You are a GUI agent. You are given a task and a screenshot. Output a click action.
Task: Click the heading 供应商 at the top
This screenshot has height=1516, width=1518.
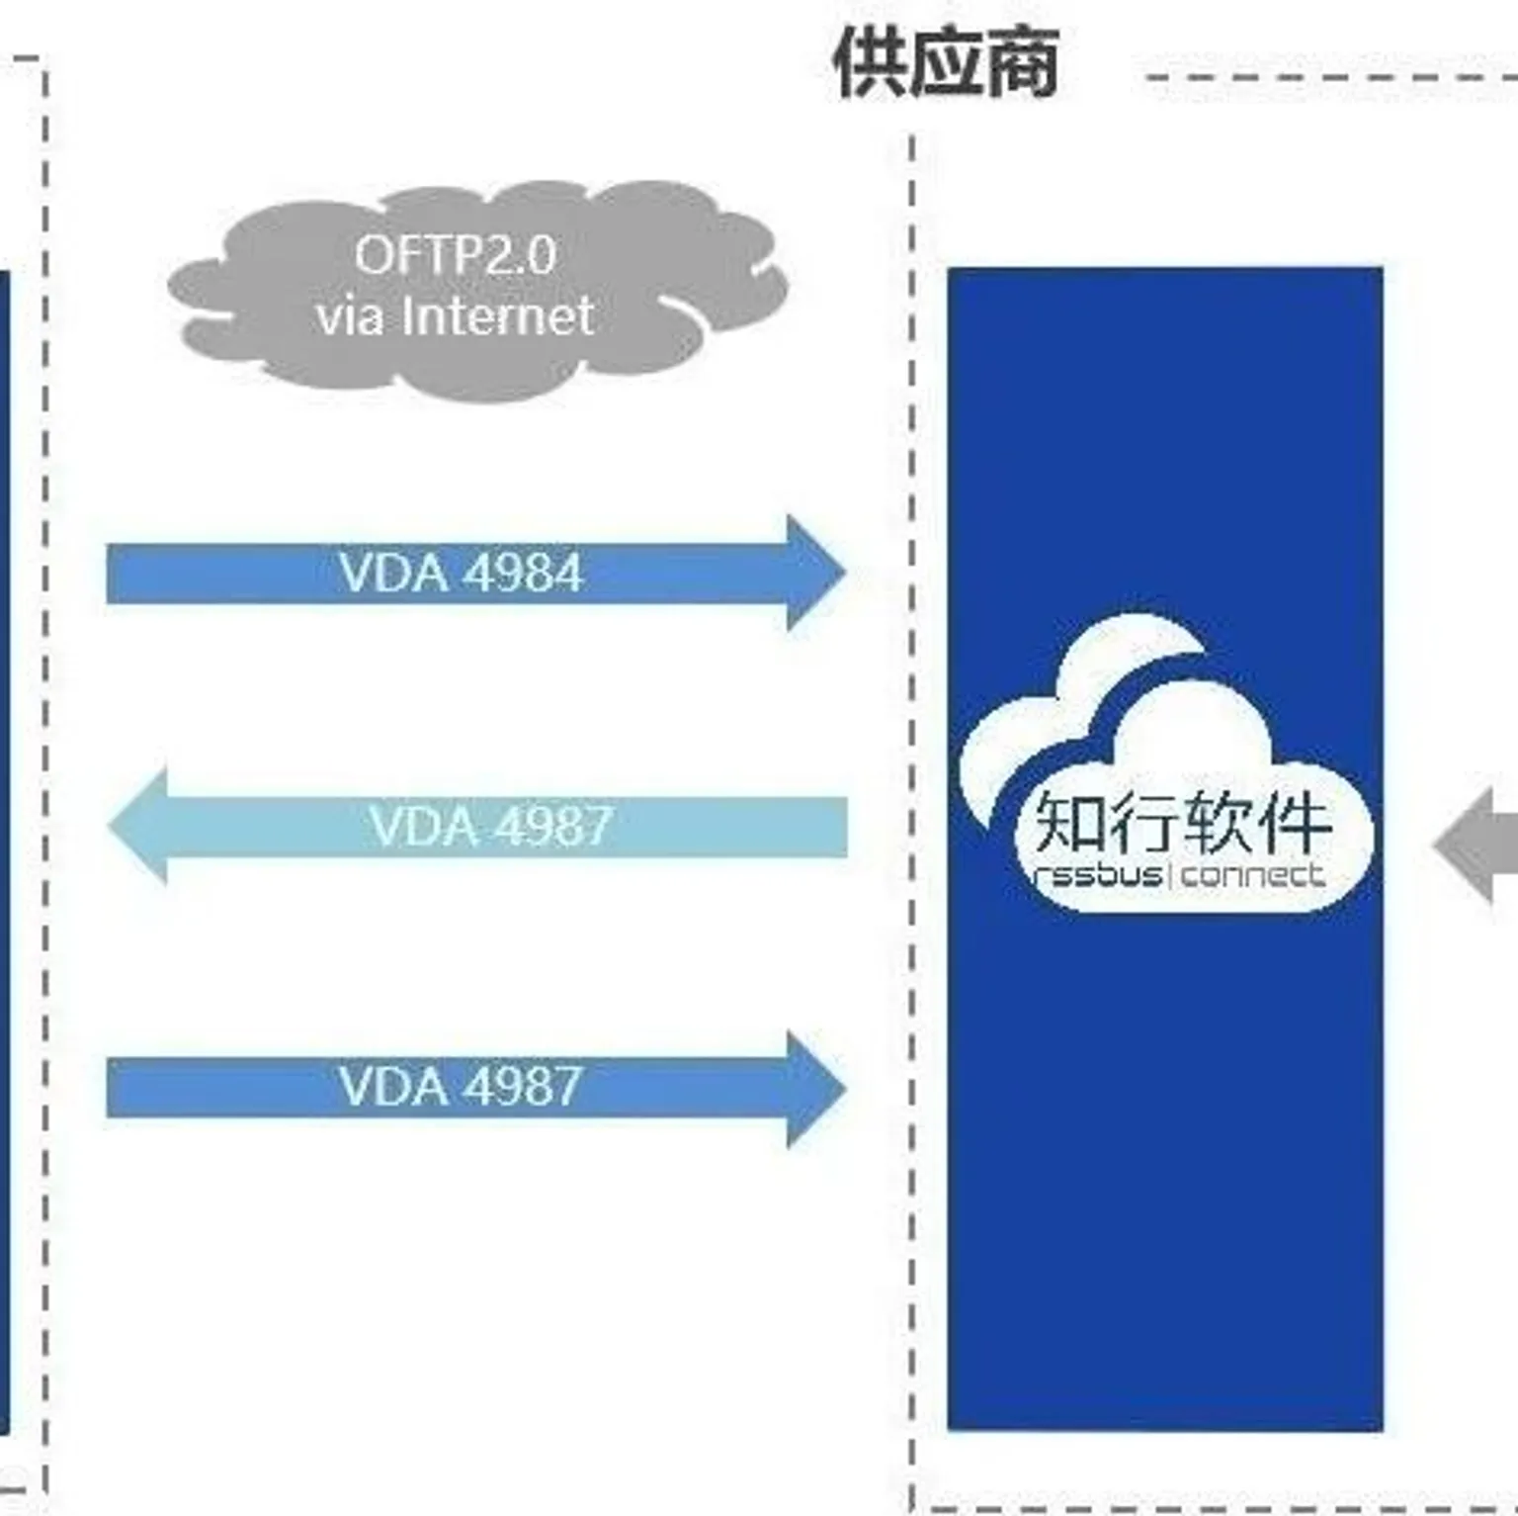[x=946, y=63]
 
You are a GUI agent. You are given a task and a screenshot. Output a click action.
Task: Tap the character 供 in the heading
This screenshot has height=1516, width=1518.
[x=870, y=63]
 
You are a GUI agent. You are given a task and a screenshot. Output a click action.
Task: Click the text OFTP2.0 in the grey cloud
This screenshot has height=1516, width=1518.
[x=456, y=255]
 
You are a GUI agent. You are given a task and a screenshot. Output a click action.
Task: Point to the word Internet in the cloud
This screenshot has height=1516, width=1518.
[x=498, y=316]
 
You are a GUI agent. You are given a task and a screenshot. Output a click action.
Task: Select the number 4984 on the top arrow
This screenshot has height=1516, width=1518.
[x=523, y=574]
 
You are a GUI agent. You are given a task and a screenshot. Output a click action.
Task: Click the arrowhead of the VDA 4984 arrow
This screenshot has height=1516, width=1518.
[x=815, y=573]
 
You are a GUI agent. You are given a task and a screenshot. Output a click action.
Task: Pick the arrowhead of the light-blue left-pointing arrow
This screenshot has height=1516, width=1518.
[x=138, y=826]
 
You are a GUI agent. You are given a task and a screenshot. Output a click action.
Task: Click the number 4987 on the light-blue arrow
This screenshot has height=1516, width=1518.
[x=552, y=826]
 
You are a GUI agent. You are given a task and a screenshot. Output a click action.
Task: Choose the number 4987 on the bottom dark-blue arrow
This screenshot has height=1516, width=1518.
[x=522, y=1087]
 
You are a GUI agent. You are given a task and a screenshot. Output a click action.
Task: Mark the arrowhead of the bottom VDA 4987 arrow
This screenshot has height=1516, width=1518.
[x=815, y=1089]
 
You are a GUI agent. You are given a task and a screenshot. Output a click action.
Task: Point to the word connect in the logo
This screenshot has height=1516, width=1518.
[x=1252, y=876]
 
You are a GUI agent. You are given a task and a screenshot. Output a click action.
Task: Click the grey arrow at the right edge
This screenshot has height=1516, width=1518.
[x=1478, y=847]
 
